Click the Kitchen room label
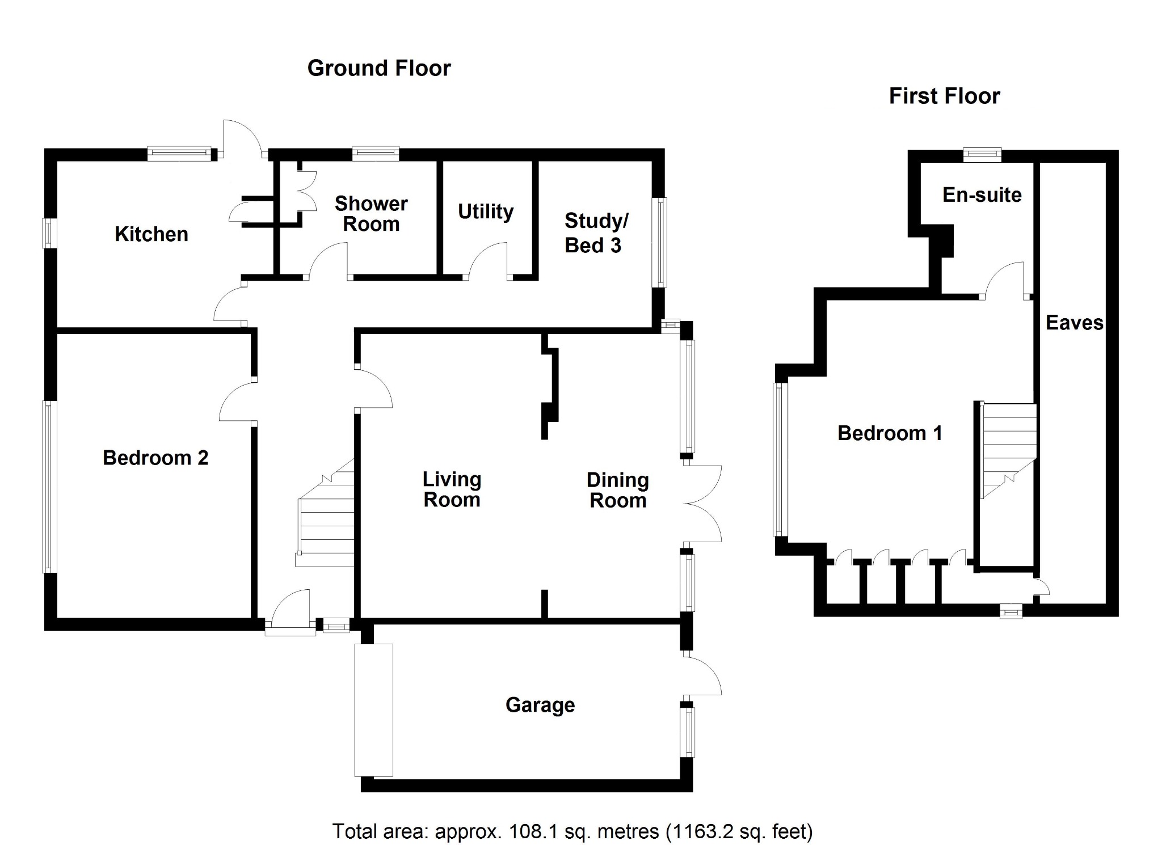pyautogui.click(x=151, y=234)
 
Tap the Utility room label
pyautogui.click(x=486, y=212)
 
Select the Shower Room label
pyautogui.click(x=371, y=214)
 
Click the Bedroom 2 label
pyautogui.click(x=155, y=458)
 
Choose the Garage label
pyautogui.click(x=540, y=705)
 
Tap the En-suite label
pyautogui.click(x=982, y=195)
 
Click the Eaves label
pyautogui.click(x=1074, y=323)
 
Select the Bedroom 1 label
pyautogui.click(x=890, y=433)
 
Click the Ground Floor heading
pyautogui.click(x=379, y=68)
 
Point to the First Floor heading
pyautogui.click(x=944, y=96)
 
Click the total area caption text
pyautogui.click(x=572, y=831)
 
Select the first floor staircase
pyautogui.click(x=1008, y=451)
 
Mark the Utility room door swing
pyautogui.click(x=487, y=261)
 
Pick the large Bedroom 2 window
pyautogui.click(x=50, y=486)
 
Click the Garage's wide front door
pyautogui.click(x=373, y=710)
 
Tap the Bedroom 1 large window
pyautogui.click(x=780, y=459)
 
